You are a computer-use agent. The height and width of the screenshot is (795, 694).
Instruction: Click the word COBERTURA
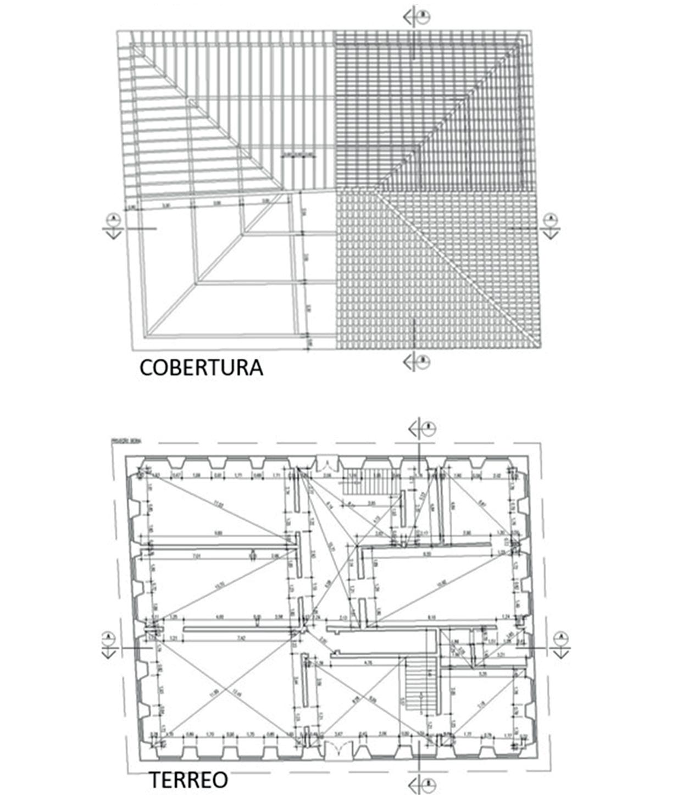(x=201, y=368)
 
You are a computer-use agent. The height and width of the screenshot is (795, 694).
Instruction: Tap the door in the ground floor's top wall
(x=327, y=463)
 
